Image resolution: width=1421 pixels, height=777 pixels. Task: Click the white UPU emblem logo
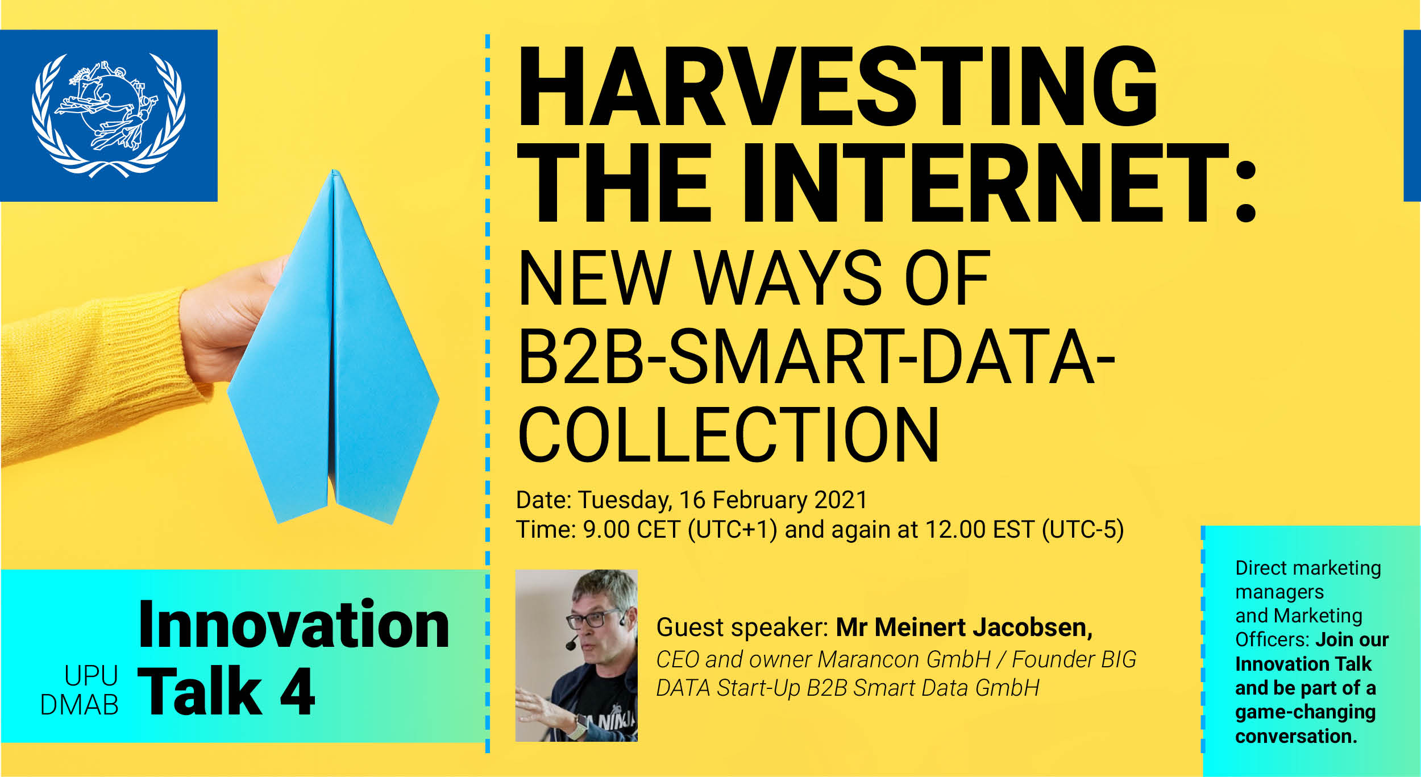point(108,115)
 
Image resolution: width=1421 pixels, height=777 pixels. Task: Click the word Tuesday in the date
point(625,501)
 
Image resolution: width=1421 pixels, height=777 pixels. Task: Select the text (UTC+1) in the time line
point(732,530)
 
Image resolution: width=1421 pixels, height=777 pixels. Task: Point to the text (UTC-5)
point(1083,530)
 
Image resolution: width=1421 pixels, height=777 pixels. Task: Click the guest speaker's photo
point(576,655)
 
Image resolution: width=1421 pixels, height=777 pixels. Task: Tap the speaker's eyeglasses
point(594,618)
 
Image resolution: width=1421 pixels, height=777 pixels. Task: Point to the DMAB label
point(80,705)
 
